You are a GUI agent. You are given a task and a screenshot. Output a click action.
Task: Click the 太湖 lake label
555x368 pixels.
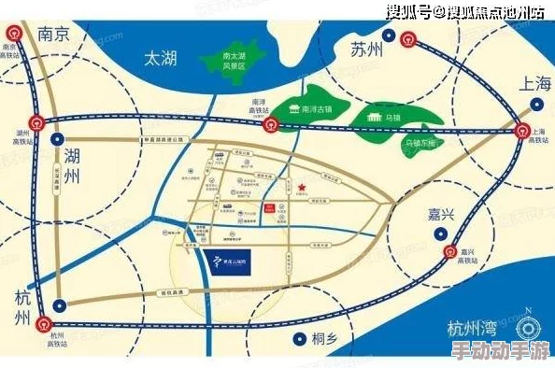159,58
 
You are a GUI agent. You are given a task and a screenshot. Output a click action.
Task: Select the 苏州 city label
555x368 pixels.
366,50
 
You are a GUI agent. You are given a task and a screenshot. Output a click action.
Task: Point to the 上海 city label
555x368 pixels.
535,83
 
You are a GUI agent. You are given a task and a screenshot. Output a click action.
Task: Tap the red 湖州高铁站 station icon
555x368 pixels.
36,120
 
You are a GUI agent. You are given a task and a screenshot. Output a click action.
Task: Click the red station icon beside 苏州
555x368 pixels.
408,39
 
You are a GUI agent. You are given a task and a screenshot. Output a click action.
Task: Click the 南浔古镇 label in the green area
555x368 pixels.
313,109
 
